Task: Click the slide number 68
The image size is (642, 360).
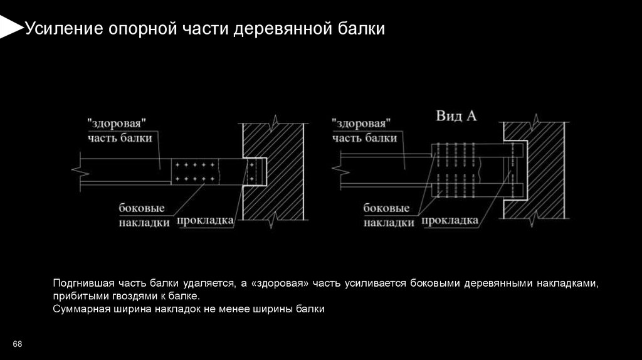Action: point(17,344)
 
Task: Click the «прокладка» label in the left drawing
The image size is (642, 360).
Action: point(206,220)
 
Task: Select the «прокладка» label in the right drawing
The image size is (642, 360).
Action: point(450,221)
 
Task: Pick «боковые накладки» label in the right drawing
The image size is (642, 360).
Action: point(388,215)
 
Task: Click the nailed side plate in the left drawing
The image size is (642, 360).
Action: point(195,172)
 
